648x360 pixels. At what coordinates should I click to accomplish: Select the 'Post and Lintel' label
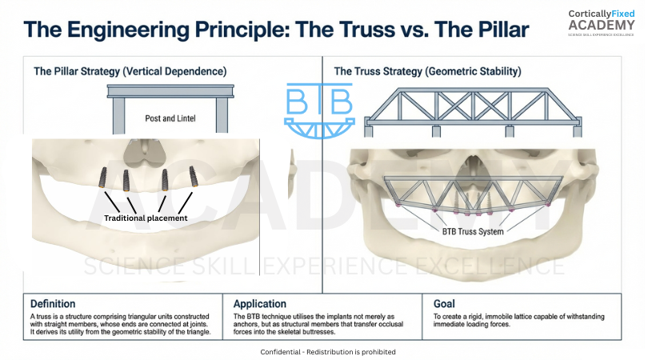tap(170, 118)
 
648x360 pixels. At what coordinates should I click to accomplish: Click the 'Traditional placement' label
tap(145, 218)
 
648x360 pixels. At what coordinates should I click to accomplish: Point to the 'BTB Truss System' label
tap(473, 232)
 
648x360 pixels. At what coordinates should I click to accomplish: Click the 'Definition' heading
tap(53, 304)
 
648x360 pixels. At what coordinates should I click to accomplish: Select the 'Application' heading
tap(260, 304)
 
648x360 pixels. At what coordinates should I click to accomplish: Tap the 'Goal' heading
tap(443, 304)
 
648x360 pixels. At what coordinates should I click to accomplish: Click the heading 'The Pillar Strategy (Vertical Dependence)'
tap(130, 71)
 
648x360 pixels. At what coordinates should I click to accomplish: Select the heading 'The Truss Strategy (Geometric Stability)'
tap(427, 71)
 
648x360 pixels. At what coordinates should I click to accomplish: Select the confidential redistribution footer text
tap(328, 352)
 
